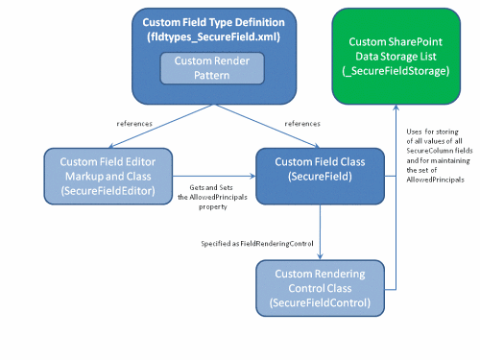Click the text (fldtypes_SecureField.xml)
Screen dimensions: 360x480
coord(213,36)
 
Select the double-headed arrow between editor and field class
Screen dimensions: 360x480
coord(213,176)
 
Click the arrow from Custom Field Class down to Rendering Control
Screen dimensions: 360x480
coord(320,230)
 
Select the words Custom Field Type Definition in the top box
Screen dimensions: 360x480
coord(213,21)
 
